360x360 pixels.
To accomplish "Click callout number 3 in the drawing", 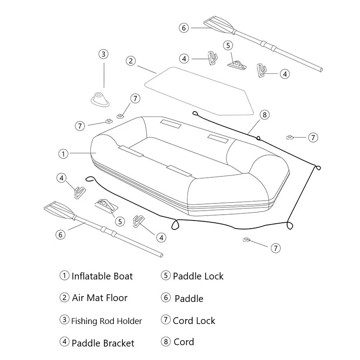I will pyautogui.click(x=103, y=54).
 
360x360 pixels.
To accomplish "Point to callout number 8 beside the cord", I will pyautogui.click(x=264, y=115).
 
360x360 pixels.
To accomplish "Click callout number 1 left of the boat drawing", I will pyautogui.click(x=63, y=153).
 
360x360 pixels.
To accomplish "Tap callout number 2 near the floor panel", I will pyautogui.click(x=130, y=61).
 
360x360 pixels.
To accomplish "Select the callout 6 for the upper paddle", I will pyautogui.click(x=183, y=28).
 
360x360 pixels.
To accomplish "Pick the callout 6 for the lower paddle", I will pyautogui.click(x=61, y=234).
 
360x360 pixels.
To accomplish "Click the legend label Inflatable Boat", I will pyautogui.click(x=102, y=276).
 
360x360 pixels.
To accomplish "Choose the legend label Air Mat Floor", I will pyautogui.click(x=99, y=298).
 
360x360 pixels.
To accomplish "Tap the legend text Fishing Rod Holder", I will pyautogui.click(x=106, y=321).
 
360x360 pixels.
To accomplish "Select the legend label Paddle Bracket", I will pyautogui.click(x=103, y=343).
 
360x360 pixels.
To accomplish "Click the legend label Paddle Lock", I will pyautogui.click(x=198, y=276).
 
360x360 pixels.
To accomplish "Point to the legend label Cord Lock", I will pyautogui.click(x=194, y=321).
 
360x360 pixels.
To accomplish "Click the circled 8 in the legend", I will pyautogui.click(x=166, y=342).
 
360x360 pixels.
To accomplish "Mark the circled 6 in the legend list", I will pyautogui.click(x=166, y=297).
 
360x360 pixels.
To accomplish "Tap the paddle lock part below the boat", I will pyautogui.click(x=107, y=205).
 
